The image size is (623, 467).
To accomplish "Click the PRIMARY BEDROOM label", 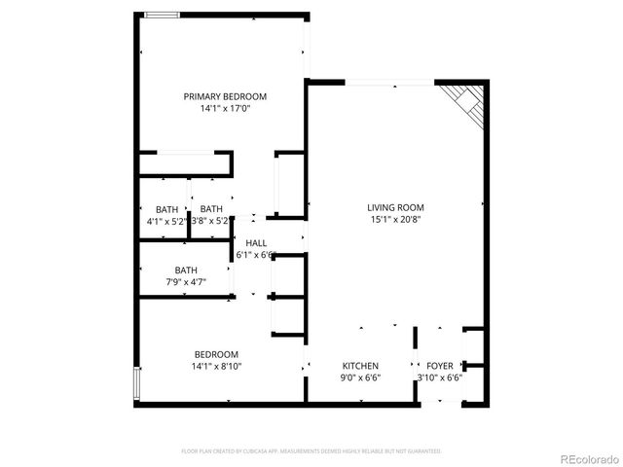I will (225, 96).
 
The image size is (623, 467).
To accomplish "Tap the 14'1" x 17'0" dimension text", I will (225, 109).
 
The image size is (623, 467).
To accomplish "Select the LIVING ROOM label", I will (395, 207).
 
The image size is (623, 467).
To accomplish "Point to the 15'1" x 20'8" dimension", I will (395, 220).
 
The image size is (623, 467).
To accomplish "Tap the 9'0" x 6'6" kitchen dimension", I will (359, 377).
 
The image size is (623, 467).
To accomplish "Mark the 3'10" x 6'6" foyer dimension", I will (439, 377).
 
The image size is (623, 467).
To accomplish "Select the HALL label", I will (256, 243).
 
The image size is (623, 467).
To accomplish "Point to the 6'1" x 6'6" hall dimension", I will (256, 255).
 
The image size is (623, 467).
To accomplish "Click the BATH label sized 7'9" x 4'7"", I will (186, 270).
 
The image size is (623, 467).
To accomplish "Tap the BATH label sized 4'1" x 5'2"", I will (166, 209).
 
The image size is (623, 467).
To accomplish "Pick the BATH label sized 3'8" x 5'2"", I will (211, 209).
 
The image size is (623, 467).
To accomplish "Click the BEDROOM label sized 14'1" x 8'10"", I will (215, 354).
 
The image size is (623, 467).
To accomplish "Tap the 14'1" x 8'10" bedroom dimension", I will (215, 367).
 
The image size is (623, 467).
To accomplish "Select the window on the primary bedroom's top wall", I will (162, 15).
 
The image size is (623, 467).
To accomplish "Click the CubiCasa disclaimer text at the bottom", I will (311, 451).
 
